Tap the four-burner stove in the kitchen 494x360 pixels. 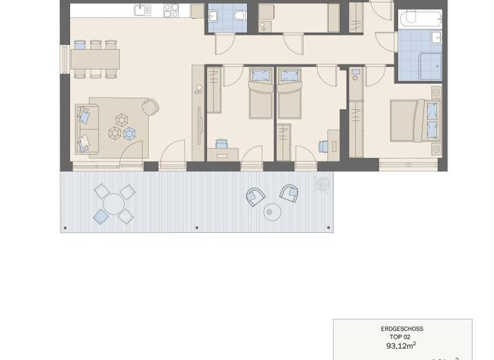(x=171, y=10)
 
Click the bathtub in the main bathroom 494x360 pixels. (x=419, y=18)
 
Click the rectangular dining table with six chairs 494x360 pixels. (x=95, y=59)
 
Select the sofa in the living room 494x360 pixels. (x=84, y=127)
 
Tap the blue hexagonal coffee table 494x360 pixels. (x=129, y=133)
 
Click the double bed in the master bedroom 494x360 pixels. (x=415, y=120)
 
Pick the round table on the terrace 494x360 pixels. (x=114, y=204)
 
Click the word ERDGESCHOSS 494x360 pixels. (x=402, y=328)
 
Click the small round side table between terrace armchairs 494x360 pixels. (x=273, y=211)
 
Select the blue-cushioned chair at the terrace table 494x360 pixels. (x=101, y=217)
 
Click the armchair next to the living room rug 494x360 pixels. (x=151, y=107)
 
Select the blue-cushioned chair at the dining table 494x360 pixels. (x=80, y=45)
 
